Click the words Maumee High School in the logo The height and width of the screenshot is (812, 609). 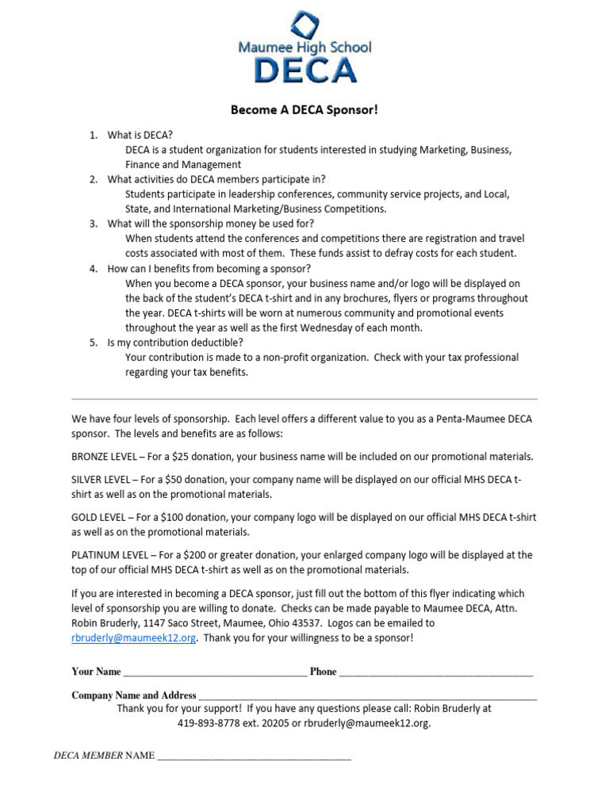304,48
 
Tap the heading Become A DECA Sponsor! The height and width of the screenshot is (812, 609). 304,110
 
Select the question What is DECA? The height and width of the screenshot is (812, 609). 140,136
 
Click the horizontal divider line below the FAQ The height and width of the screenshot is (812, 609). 304,399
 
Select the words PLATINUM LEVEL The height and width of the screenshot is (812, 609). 107,555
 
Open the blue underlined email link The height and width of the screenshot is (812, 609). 133,638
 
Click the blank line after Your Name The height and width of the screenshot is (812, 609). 215,673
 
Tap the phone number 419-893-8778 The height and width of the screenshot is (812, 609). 210,723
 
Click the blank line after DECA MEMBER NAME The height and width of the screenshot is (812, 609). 254,757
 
